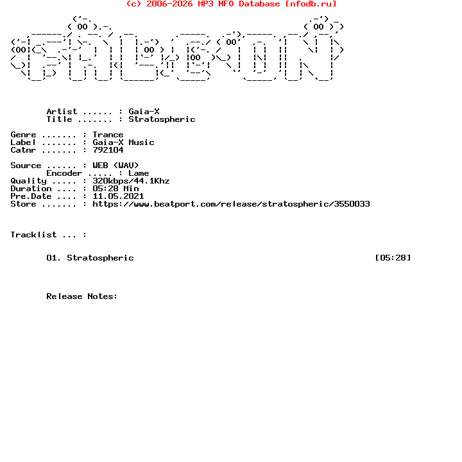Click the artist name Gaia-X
point(144,112)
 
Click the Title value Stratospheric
point(162,119)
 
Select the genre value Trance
point(108,135)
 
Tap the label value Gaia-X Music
point(123,142)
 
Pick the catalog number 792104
point(108,150)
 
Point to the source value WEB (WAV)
point(116,166)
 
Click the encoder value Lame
point(139,173)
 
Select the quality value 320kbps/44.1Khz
point(131,181)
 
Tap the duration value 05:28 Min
point(116,189)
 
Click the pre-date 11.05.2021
point(118,196)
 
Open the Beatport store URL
point(231,204)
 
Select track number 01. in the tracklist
point(54,258)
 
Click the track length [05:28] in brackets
point(393,258)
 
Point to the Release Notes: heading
point(82,296)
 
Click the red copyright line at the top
point(231,4)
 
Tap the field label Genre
point(23,135)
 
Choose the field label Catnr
point(23,150)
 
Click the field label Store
point(23,204)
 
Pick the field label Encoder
point(64,173)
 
